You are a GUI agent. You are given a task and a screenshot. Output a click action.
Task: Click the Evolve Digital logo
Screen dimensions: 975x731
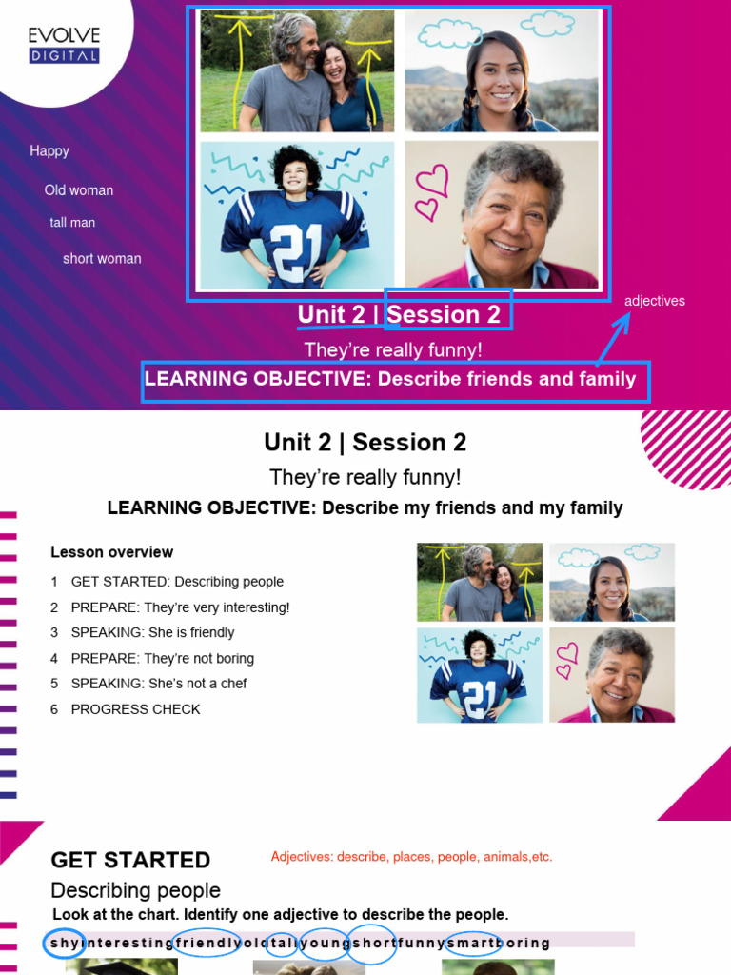coord(64,46)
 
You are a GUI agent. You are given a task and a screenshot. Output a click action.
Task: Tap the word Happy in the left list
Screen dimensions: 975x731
coord(49,150)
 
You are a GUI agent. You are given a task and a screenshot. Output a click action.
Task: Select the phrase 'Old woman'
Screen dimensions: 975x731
coord(79,190)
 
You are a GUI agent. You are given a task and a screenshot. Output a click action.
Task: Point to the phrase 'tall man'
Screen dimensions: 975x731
coord(73,223)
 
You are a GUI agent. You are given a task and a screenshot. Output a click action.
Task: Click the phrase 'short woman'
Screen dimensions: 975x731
coord(102,259)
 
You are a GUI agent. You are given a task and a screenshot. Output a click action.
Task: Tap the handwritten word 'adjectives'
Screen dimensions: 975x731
coord(655,301)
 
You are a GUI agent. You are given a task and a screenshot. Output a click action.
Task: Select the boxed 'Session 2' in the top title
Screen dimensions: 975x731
coord(447,313)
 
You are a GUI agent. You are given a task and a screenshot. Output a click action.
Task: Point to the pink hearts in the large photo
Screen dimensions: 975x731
coord(431,190)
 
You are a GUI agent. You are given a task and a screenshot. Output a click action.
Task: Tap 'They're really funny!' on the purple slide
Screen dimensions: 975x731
coord(393,349)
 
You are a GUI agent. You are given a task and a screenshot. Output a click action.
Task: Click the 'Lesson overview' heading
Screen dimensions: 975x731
coord(112,552)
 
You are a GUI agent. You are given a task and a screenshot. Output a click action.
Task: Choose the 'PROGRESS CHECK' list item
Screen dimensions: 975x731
coord(135,709)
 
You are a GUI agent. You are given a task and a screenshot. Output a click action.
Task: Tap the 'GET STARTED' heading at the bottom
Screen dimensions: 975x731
coord(130,860)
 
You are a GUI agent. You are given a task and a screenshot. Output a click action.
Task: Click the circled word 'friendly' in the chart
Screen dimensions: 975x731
coord(207,944)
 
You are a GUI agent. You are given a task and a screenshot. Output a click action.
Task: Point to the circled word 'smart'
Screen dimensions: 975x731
coord(473,944)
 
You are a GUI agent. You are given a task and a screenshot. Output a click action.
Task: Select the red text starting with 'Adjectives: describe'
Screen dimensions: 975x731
coord(411,857)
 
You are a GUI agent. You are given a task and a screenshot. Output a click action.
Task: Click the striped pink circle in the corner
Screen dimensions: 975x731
coord(688,448)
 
